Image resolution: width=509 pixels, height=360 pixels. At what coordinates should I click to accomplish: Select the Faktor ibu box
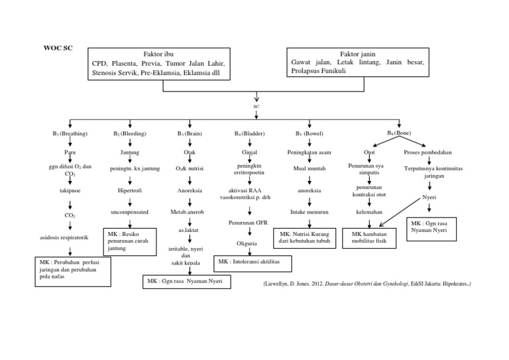(159, 64)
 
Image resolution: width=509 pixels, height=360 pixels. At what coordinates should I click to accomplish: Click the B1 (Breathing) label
(70, 134)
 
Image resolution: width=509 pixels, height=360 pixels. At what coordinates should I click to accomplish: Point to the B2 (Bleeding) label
(130, 134)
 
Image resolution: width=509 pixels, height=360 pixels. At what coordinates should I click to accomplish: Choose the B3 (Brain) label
(190, 134)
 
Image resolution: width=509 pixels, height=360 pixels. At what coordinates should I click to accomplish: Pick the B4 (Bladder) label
(250, 134)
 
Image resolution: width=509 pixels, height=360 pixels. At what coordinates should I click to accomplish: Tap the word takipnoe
(70, 190)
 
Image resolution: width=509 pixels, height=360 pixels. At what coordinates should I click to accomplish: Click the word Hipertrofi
(130, 190)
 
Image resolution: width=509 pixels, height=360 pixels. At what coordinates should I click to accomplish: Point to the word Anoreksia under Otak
(190, 190)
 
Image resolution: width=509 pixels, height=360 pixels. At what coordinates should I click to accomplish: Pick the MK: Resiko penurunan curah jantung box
(129, 243)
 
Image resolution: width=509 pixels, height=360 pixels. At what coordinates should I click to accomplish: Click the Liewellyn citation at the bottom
(367, 283)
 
